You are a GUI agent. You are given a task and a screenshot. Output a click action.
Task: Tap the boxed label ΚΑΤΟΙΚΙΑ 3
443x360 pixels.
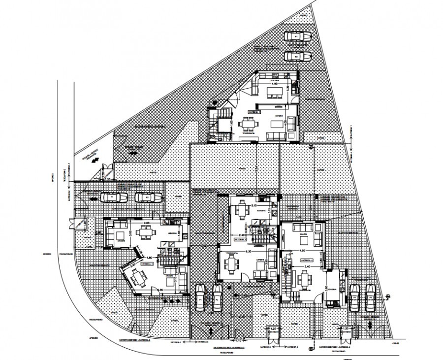pyautogui.click(x=256, y=240)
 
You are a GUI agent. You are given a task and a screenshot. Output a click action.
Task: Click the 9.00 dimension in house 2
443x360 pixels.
pyautogui.click(x=146, y=223)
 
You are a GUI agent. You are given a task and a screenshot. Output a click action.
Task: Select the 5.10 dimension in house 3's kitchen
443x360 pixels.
pyautogui.click(x=254, y=205)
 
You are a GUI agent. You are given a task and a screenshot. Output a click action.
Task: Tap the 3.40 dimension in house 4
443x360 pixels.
pyautogui.click(x=307, y=266)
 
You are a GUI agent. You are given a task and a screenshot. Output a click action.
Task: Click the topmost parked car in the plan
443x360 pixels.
pyautogui.click(x=297, y=37)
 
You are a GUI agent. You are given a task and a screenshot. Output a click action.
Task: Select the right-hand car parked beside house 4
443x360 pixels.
pyautogui.click(x=370, y=296)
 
